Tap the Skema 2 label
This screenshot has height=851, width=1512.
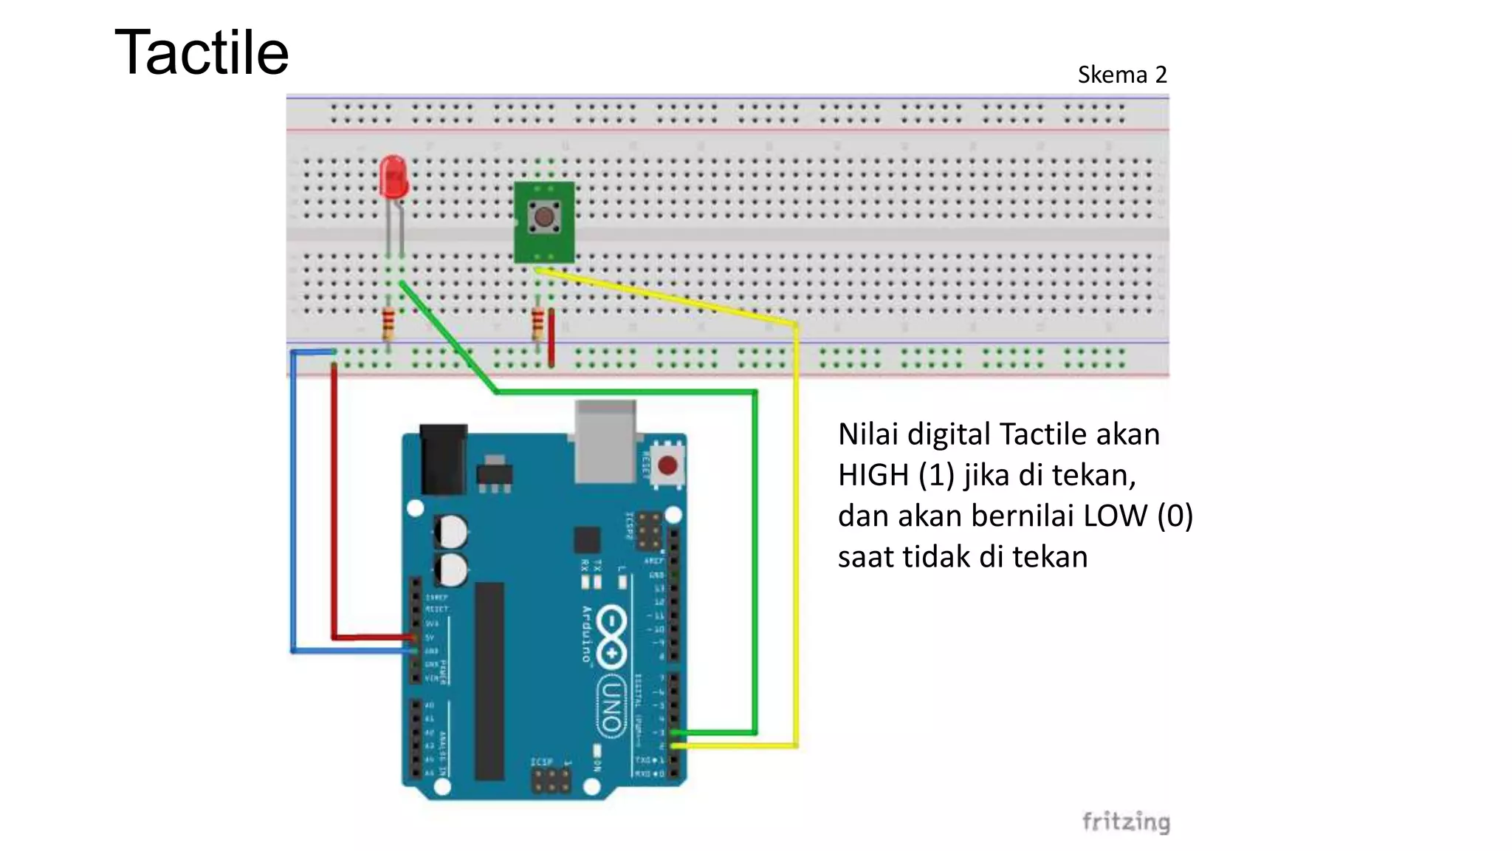tap(1121, 75)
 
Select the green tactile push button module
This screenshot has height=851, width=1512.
tap(544, 221)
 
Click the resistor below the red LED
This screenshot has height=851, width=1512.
tap(388, 324)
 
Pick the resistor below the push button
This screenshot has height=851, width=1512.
tap(537, 324)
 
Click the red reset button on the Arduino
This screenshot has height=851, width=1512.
tap(667, 466)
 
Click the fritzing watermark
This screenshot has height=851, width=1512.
tap(1126, 821)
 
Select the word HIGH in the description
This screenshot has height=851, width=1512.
tap(873, 475)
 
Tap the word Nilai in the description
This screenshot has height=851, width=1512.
tap(867, 434)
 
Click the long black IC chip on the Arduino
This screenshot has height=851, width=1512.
tap(489, 680)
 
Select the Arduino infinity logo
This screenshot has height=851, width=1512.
tap(612, 636)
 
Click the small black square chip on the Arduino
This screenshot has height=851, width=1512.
tap(587, 540)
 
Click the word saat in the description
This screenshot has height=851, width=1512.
tap(865, 557)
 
